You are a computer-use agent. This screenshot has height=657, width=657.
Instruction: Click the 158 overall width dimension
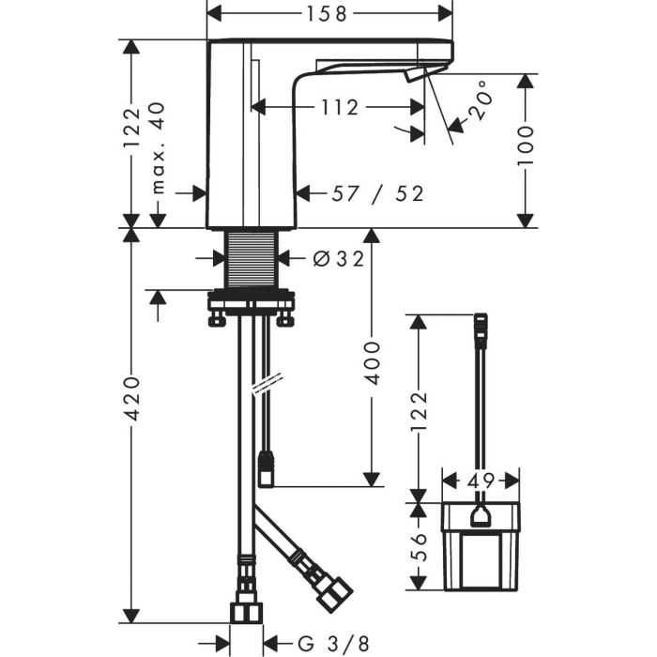(x=328, y=13)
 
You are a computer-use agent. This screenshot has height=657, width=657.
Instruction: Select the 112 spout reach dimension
(x=339, y=107)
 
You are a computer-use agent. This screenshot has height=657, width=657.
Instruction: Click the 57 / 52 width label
(x=378, y=193)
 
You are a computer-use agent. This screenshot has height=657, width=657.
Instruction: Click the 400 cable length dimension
(x=373, y=362)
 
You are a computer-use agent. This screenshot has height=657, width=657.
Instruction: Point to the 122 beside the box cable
(x=420, y=409)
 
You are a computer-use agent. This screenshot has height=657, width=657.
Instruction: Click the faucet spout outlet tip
(x=415, y=76)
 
